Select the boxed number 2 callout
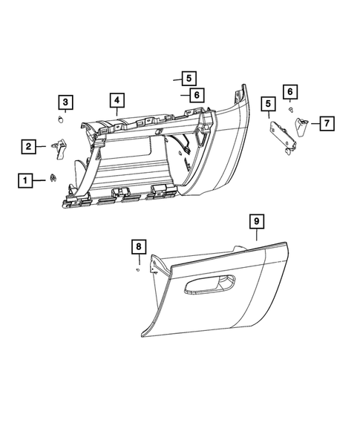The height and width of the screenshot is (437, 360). [27, 148]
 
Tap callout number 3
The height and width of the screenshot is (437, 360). [66, 102]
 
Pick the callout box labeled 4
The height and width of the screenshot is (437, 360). [117, 99]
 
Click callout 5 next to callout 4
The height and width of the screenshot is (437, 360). [188, 77]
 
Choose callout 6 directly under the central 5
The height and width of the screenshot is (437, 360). [195, 95]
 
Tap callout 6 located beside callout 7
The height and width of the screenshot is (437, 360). [290, 91]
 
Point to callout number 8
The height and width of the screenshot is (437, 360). [138, 246]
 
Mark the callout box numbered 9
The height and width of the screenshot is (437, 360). [255, 221]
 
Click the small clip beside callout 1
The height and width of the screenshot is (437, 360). [54, 177]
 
